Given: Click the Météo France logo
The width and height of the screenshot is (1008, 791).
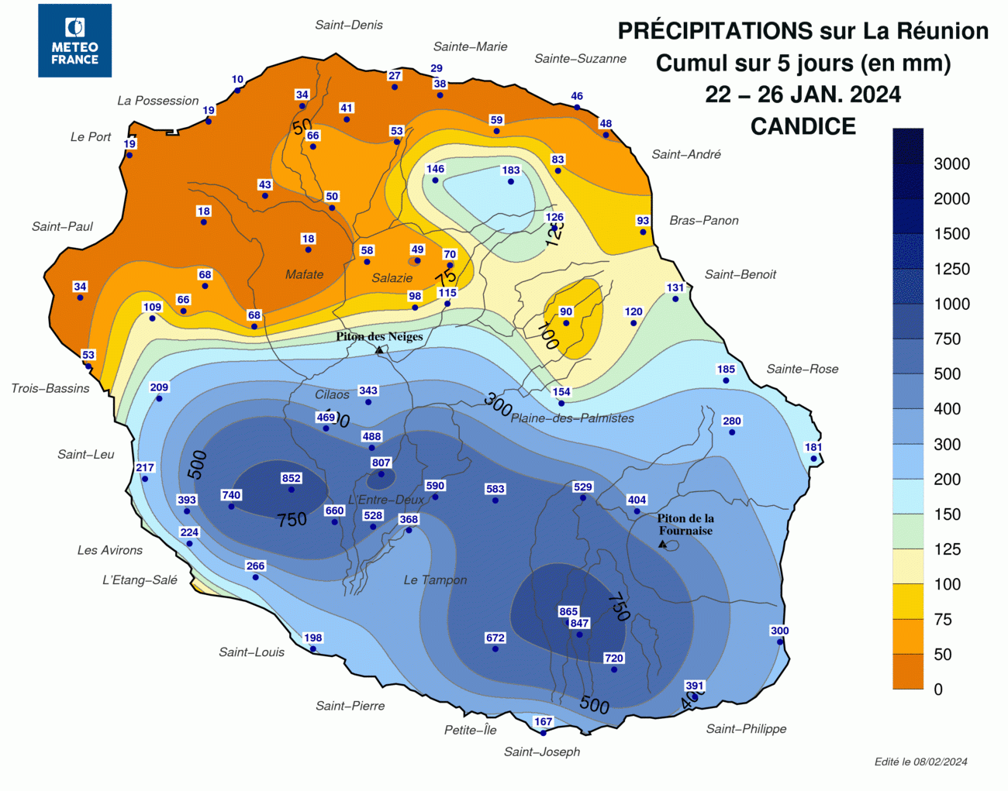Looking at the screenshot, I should [x=74, y=40].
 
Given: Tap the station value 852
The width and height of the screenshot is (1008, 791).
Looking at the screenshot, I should [x=292, y=478].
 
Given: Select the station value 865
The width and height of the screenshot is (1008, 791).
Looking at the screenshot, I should [x=568, y=611].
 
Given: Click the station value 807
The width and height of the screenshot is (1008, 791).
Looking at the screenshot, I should [x=381, y=463].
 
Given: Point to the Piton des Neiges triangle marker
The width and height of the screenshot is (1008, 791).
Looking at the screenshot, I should [x=379, y=350].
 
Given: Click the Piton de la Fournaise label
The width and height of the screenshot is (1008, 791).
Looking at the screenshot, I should [x=685, y=524].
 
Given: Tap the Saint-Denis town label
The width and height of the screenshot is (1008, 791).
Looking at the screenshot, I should [x=349, y=25].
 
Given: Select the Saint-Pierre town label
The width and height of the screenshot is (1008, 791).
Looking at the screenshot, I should [x=350, y=706].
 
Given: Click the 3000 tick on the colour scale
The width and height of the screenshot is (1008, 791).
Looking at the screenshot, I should [x=951, y=163].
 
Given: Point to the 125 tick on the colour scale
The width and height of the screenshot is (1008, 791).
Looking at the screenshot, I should [x=947, y=549].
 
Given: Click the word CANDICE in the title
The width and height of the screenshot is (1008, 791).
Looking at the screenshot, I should [x=803, y=126].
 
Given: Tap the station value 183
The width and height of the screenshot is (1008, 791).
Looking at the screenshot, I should [x=511, y=170].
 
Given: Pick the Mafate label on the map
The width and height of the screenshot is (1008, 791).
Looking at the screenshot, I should [x=304, y=274].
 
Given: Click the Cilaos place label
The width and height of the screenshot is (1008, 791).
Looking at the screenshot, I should [x=332, y=394].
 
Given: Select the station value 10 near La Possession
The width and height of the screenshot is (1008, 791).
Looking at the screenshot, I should [x=237, y=79].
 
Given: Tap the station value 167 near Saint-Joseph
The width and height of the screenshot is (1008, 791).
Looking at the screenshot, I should [x=544, y=721].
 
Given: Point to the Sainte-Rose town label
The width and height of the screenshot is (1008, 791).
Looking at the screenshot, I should [x=802, y=369].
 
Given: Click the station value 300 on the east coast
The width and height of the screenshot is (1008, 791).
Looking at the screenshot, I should [x=779, y=631].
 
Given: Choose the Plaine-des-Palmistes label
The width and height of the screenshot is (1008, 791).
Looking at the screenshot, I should [x=572, y=418].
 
